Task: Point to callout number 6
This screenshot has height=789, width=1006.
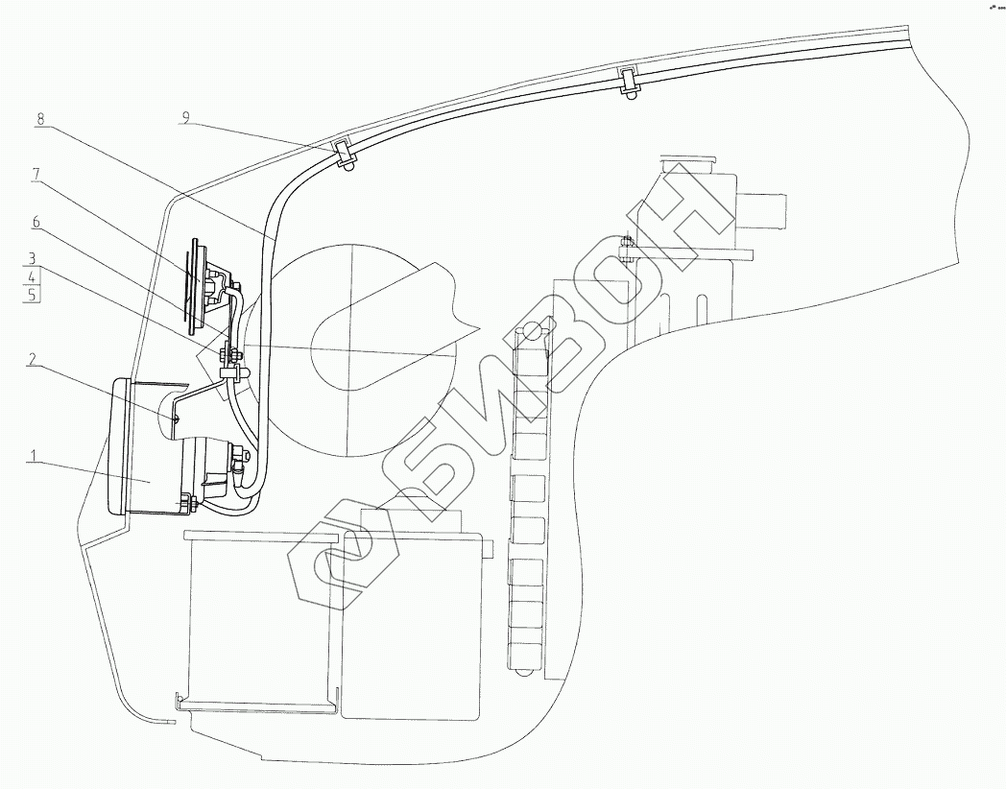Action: pyautogui.click(x=36, y=221)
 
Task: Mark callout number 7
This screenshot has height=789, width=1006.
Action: pyautogui.click(x=36, y=174)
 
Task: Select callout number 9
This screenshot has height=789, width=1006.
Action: pyautogui.click(x=186, y=118)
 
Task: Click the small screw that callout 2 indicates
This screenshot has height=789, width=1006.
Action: pyautogui.click(x=176, y=418)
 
